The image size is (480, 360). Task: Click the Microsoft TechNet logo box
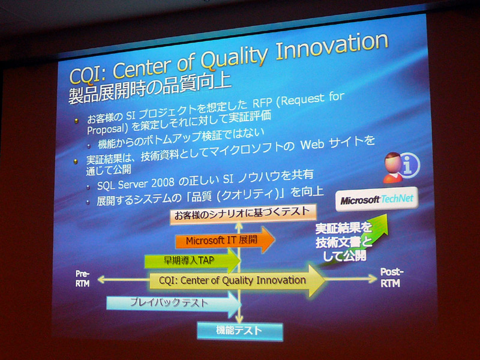[377, 199]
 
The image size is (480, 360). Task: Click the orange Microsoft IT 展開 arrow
[225, 240]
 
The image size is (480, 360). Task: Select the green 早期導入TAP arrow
[192, 260]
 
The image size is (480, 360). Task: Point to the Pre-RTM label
[83, 278]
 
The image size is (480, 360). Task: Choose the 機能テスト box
[239, 331]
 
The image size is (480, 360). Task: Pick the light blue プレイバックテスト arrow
[173, 304]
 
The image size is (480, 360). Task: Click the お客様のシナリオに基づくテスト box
[243, 214]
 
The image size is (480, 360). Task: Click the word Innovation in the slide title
[332, 47]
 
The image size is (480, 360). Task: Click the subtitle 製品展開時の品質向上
[149, 89]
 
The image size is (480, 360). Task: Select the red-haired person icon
[393, 167]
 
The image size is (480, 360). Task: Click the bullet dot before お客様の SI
[76, 121]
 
